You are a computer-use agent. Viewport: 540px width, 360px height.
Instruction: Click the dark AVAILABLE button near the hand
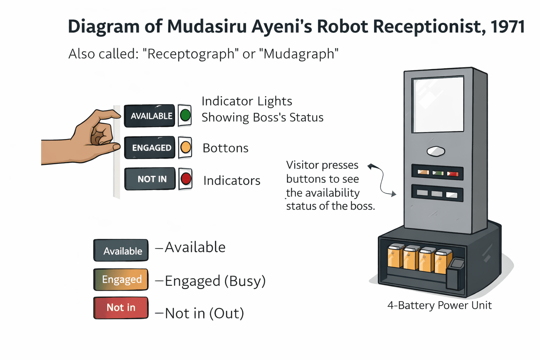tap(149, 116)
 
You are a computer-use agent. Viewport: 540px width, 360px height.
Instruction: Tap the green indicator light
tap(185, 115)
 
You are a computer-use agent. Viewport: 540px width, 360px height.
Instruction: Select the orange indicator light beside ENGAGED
tap(186, 147)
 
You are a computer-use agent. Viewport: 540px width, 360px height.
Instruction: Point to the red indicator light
tap(186, 179)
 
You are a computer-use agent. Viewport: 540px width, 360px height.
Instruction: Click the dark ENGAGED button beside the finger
tap(150, 148)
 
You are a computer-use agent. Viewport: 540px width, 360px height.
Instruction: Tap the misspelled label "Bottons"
tap(225, 148)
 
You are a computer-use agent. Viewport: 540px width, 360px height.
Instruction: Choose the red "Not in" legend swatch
tap(121, 308)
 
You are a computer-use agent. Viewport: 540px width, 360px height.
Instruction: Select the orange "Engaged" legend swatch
tap(121, 279)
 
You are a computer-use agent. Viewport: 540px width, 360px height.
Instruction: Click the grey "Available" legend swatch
tap(121, 251)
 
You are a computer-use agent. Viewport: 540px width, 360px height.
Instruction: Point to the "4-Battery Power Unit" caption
tap(439, 305)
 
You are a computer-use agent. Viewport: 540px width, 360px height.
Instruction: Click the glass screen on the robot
tap(438, 105)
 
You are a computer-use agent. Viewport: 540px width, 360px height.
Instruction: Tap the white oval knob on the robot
tap(436, 151)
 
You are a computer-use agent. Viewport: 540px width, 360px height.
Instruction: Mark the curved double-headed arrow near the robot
tap(381, 179)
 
